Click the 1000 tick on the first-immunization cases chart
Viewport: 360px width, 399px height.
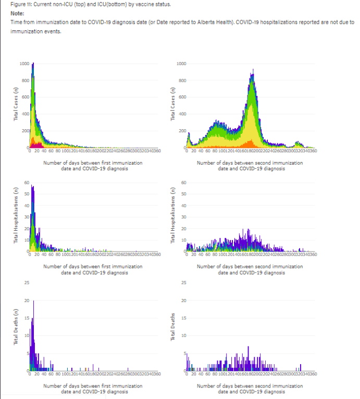pos(24,64)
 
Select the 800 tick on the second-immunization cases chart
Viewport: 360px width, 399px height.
pos(181,80)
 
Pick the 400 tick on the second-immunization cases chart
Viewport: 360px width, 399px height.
pos(181,114)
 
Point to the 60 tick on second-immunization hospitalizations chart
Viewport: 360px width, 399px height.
pos(182,182)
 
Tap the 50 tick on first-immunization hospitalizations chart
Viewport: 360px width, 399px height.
pos(26,194)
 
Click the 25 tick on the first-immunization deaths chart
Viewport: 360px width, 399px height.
pos(26,282)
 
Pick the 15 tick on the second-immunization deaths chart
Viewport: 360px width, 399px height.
pos(182,318)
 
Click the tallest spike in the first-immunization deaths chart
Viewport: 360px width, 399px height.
pos(33,302)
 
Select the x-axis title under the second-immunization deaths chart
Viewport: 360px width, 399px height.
pos(250,389)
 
